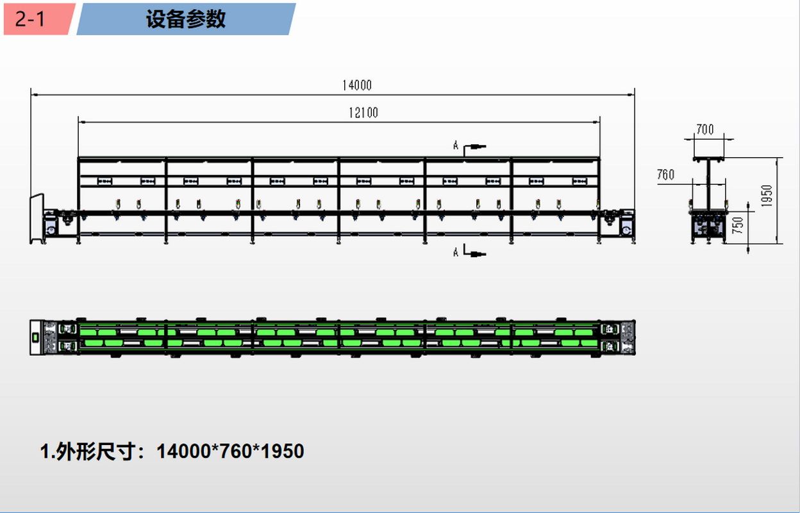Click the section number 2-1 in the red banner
30,19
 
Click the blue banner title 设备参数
186,19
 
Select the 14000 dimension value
357,85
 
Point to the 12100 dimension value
363,113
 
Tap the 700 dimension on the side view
705,130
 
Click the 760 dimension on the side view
666,174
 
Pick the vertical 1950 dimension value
767,196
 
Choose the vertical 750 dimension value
737,226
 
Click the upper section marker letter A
455,146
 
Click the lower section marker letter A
455,253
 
